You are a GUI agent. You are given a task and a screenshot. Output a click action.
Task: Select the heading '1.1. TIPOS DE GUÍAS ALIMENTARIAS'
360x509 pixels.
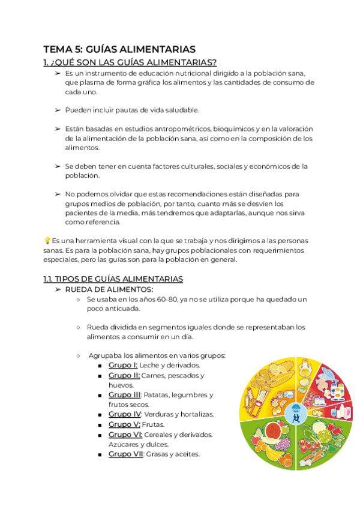(113, 279)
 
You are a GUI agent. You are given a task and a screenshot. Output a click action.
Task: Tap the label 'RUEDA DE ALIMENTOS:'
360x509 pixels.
(109, 289)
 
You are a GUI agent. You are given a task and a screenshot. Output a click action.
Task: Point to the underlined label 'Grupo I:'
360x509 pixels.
(123, 365)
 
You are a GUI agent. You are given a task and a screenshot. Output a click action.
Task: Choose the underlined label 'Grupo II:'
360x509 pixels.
(124, 375)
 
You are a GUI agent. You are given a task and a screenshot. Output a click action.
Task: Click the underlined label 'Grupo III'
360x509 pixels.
(124, 395)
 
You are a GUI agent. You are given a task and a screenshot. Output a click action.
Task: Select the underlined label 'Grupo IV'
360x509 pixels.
(125, 414)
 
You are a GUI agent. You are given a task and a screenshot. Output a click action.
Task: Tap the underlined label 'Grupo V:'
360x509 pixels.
(124, 424)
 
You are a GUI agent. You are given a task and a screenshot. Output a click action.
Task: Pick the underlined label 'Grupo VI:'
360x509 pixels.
(125, 434)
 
